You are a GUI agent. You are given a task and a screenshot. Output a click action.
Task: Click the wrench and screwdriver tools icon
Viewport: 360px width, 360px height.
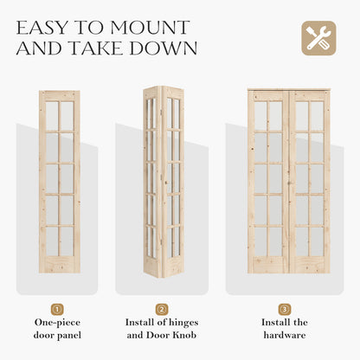pos(316,38)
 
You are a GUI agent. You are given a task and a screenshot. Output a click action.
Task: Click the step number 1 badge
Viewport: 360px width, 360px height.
pos(58,309)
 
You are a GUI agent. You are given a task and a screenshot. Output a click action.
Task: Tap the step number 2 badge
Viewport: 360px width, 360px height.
pos(162,309)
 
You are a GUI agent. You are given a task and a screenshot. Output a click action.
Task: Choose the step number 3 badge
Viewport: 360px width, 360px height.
pos(285,309)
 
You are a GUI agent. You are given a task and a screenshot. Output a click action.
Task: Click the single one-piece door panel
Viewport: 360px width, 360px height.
pos(59,182)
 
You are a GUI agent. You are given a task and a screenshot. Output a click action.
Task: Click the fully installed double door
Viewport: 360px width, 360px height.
pos(288,182)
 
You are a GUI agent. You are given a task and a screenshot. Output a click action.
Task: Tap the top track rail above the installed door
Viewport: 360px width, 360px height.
pos(288,89)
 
